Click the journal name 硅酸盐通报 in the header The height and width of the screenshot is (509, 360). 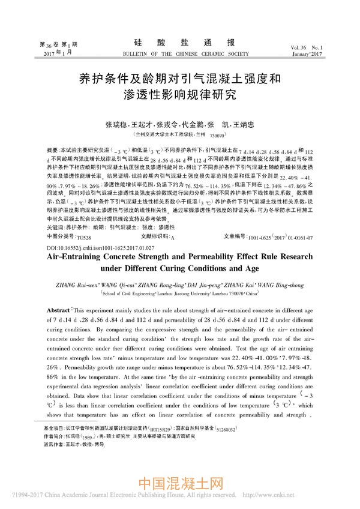pyautogui.click(x=179, y=43)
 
